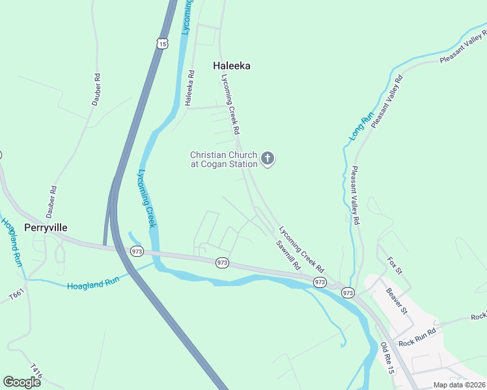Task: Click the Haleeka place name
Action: coord(231,66)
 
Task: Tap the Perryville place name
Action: coord(46,227)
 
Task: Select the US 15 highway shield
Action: coord(161,43)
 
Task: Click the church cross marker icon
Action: coord(268,159)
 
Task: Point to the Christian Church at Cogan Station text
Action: coord(223,159)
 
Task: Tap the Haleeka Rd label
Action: coord(189,88)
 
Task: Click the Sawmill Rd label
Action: coord(287,255)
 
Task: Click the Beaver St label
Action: coord(396,301)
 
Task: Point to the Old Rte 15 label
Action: coord(387,357)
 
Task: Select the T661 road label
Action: coord(16,296)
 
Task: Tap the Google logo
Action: coord(21,382)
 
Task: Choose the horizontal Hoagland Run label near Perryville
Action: coord(92,285)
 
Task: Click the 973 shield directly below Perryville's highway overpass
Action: coord(137,252)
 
